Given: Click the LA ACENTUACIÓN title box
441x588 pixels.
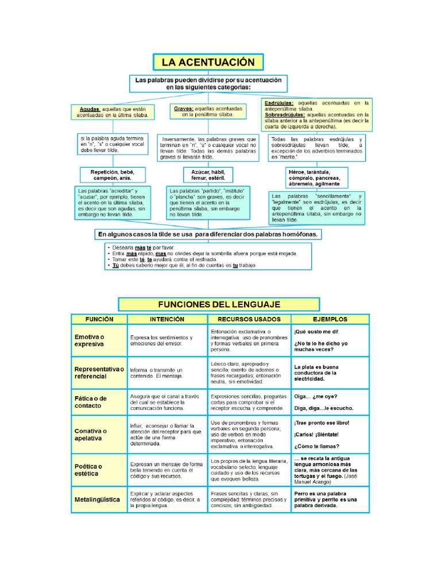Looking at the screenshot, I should coord(208,62).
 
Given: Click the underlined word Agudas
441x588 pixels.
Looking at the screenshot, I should coord(90,109).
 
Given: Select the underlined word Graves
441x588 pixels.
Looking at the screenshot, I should coord(183,108).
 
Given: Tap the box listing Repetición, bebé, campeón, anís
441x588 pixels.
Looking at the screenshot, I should coord(112,175).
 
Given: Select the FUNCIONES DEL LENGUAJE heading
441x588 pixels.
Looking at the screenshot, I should coord(219,304).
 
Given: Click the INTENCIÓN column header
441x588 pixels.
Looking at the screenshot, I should coord(167,319).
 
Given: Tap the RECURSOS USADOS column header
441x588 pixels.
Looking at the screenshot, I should coord(249,319).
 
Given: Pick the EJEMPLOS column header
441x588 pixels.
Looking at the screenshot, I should coord(330,319).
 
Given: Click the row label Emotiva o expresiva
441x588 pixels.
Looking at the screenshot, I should coord(89,341).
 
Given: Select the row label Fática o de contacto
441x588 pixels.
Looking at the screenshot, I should coord(91,402).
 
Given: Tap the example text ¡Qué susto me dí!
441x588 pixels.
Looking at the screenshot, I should coord(316,332).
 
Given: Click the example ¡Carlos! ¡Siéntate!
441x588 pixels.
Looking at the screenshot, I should coord(316,435).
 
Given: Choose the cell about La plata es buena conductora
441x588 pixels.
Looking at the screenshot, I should coord(317,373).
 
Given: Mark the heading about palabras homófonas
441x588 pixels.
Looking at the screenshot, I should coord(208,234).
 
